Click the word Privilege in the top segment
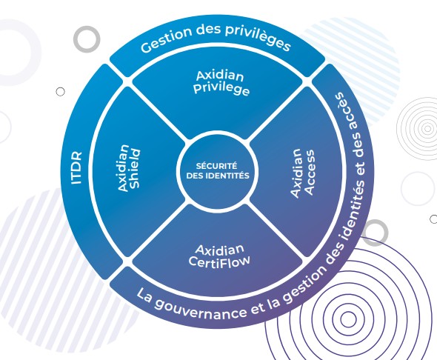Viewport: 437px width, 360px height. (x=223, y=92)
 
